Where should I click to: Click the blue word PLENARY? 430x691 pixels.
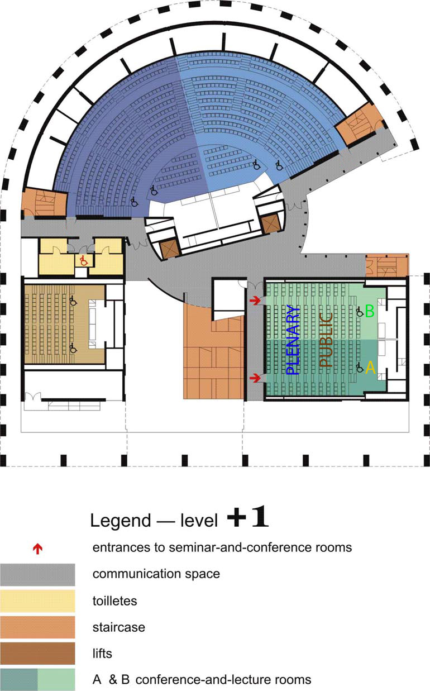(x=293, y=340)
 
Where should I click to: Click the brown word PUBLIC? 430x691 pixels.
(x=326, y=340)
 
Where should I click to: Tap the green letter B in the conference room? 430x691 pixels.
(x=370, y=311)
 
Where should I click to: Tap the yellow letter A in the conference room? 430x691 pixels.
(x=370, y=368)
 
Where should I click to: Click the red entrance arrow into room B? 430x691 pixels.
(x=255, y=300)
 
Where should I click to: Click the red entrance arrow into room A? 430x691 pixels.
(x=255, y=377)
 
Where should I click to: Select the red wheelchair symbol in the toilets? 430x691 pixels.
(x=83, y=261)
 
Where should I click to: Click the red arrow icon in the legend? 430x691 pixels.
(x=37, y=549)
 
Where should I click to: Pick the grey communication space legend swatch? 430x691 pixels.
(x=37, y=575)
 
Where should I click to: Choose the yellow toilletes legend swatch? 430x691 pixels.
(x=37, y=601)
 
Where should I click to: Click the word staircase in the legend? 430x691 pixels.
(x=119, y=627)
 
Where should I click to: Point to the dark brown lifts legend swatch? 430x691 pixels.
(x=37, y=654)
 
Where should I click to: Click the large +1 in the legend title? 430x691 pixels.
(x=248, y=516)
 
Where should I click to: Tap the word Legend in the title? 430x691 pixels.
(x=121, y=521)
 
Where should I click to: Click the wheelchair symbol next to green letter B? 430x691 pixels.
(x=360, y=312)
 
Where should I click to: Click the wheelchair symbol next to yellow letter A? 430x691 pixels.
(x=360, y=368)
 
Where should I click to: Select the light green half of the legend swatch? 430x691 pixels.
(x=56, y=680)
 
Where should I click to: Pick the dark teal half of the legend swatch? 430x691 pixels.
(x=19, y=680)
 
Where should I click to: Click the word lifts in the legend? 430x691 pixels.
(x=102, y=654)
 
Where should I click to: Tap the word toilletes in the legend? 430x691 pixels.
(x=114, y=601)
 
